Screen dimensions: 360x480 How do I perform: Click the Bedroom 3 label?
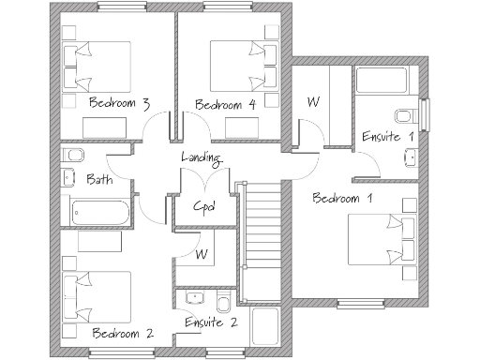tap(119, 103)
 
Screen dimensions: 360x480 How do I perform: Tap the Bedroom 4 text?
tap(226, 104)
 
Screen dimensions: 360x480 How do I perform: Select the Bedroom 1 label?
tap(342, 198)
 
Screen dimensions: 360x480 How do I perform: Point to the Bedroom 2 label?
tap(123, 333)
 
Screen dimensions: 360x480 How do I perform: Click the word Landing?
tap(201, 157)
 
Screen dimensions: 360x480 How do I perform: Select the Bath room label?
tap(100, 178)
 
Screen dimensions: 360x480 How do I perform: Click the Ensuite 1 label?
tap(388, 137)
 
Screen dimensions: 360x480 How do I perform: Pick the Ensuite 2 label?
tap(211, 322)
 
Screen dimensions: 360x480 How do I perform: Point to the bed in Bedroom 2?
tap(95, 294)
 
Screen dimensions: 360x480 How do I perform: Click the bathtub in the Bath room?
tap(98, 212)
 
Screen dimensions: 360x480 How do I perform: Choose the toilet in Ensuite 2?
tap(223, 302)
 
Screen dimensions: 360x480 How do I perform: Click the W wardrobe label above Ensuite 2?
tap(201, 254)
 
